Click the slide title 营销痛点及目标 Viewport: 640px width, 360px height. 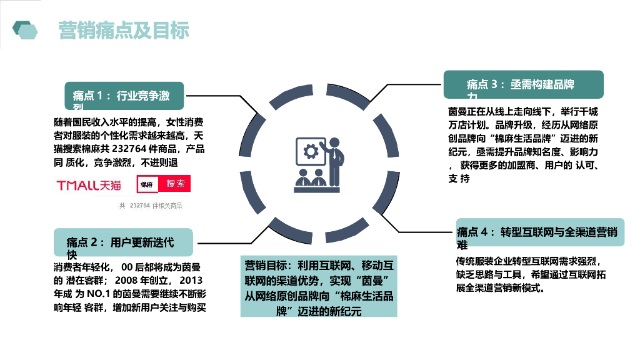tap(124, 31)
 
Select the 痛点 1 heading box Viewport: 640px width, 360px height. tap(124, 96)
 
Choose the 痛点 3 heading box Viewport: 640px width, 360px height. tap(523, 84)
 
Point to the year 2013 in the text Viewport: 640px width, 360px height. tap(194, 280)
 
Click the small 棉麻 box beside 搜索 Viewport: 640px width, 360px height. tap(147, 184)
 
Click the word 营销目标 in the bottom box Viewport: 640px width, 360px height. tap(265, 266)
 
